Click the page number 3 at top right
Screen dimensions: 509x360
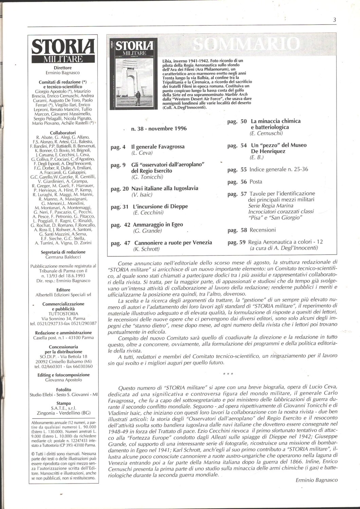335,20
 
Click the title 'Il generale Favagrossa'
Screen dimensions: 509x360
158,147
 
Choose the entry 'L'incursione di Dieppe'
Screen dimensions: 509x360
161,206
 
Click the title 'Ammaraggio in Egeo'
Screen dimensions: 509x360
158,225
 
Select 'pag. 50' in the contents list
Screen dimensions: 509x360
237,121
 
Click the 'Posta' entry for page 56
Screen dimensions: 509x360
256,182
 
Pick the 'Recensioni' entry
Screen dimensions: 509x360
263,230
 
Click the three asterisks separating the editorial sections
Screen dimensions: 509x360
228,375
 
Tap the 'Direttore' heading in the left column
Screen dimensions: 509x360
63,68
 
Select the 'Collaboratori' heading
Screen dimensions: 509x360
63,133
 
